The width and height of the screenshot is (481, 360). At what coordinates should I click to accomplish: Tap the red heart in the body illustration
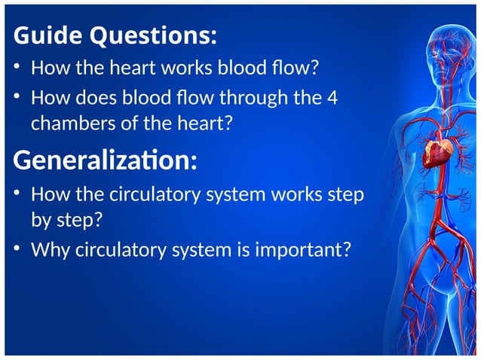tap(438, 151)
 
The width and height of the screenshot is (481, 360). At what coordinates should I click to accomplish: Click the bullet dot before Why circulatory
tap(19, 249)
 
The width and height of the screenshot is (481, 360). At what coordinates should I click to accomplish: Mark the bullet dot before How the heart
tap(19, 69)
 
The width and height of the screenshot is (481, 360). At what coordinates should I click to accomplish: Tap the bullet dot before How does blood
tap(19, 98)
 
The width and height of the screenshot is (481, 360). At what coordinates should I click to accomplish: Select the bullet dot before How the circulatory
tap(19, 195)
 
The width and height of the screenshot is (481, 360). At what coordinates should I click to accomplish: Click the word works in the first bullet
tap(165, 69)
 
